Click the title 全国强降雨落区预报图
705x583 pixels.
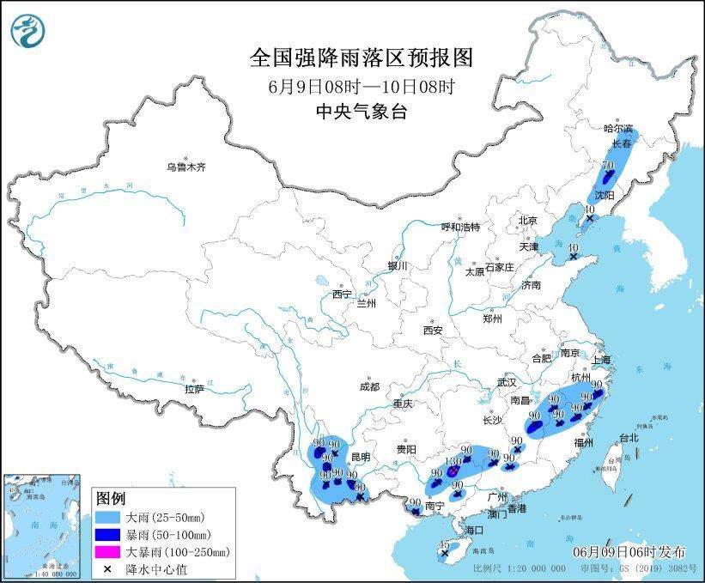point(361,58)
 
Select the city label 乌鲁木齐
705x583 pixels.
point(186,167)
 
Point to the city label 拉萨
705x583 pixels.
point(194,389)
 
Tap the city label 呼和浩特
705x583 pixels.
point(460,228)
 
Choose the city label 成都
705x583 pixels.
point(370,386)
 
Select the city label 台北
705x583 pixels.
point(628,437)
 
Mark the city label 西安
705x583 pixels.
point(432,330)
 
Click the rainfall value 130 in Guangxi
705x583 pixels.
point(453,461)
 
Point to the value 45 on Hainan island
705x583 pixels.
point(443,545)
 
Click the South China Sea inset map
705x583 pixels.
point(43,525)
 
